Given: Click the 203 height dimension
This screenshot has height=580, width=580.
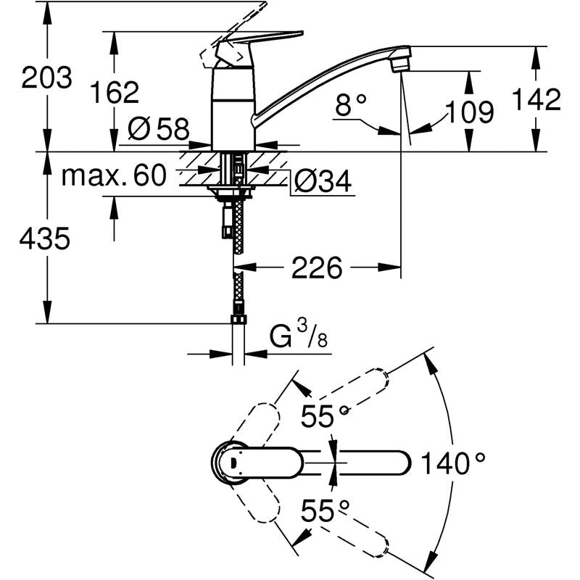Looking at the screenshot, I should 46,78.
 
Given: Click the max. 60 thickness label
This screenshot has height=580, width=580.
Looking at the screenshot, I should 114,175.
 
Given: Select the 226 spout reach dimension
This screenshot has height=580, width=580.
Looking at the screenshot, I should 316,268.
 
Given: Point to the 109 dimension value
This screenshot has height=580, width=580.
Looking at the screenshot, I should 468,112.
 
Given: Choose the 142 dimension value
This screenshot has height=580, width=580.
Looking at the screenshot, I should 536,100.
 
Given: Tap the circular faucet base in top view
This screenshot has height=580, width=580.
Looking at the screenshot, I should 231,461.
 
